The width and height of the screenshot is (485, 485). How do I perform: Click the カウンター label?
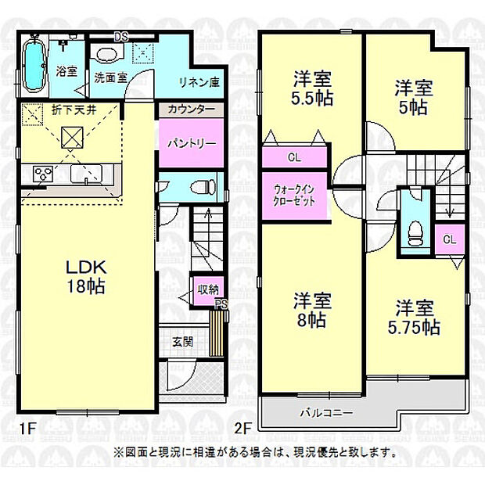tap(192, 110)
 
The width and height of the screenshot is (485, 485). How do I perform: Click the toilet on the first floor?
tap(205, 187)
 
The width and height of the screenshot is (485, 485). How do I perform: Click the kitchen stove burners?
tap(41, 173)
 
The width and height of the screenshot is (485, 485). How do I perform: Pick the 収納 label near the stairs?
tap(207, 290)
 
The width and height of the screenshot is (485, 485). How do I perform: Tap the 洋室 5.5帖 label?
tap(312, 88)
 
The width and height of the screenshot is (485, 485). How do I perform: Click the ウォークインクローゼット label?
tap(293, 195)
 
